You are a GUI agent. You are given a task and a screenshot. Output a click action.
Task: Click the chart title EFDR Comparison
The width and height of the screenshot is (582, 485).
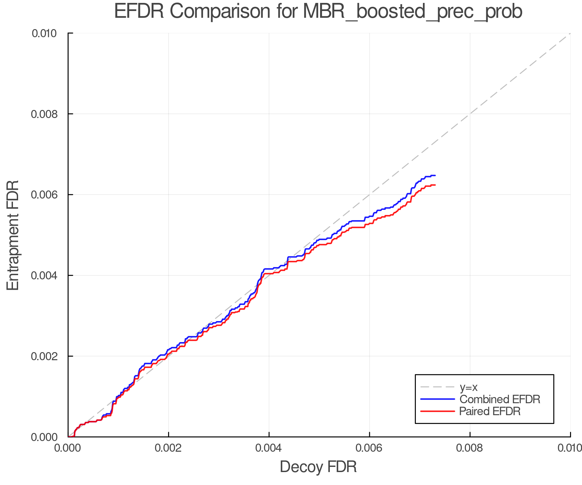(x=318, y=12)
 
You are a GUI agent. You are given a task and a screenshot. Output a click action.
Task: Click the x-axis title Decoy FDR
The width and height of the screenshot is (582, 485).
(x=318, y=467)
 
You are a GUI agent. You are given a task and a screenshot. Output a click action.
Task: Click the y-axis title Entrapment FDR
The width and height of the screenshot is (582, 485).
(x=13, y=235)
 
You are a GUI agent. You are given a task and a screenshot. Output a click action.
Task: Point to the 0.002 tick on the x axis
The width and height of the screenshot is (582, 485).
(x=168, y=448)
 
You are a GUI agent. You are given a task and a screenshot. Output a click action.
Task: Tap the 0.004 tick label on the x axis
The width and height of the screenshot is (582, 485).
(x=269, y=448)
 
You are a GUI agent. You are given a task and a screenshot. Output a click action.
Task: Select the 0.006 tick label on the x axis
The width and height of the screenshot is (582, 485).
(x=369, y=448)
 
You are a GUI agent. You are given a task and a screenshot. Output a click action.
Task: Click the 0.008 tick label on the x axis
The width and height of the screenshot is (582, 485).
(x=470, y=448)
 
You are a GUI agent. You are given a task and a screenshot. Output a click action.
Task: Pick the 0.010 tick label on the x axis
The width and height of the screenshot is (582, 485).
(x=570, y=448)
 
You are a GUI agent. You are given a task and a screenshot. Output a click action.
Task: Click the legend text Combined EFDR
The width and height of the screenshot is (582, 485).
(x=500, y=399)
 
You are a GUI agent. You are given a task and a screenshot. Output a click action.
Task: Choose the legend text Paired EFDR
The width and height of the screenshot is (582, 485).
(x=490, y=411)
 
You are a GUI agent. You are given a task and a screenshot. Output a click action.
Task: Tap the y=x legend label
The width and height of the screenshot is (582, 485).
(x=469, y=387)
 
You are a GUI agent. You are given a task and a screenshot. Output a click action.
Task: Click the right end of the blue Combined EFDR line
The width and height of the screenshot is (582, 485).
(x=435, y=176)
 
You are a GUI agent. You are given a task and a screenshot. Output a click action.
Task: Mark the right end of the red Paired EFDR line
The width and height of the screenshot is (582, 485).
(x=435, y=185)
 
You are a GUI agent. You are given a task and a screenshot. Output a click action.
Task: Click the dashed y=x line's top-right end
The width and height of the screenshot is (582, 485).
(x=570, y=34)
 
